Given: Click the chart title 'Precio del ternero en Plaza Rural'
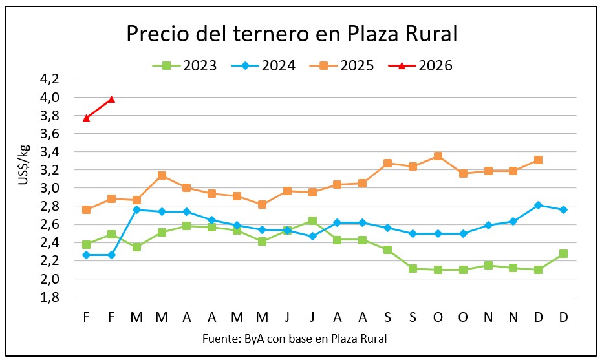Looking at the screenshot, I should pyautogui.click(x=292, y=34).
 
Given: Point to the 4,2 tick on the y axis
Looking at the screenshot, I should pyautogui.click(x=50, y=79).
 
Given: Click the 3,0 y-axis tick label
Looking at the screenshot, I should pyautogui.click(x=50, y=188).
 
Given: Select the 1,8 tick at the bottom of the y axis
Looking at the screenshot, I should pyautogui.click(x=50, y=297).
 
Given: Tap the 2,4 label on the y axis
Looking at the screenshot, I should pyautogui.click(x=50, y=242).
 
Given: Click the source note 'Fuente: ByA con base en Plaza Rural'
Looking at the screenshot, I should pyautogui.click(x=295, y=339).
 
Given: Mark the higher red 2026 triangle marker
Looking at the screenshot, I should pyautogui.click(x=111, y=99).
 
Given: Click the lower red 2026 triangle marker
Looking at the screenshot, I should pyautogui.click(x=86, y=118).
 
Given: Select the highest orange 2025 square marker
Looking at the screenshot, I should pyautogui.click(x=438, y=156).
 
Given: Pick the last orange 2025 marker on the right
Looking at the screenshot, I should pyautogui.click(x=538, y=160).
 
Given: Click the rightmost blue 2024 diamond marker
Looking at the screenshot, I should pyautogui.click(x=563, y=209).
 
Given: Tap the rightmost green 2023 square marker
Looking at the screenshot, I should pyautogui.click(x=563, y=253).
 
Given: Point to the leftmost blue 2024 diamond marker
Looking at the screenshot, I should pyautogui.click(x=86, y=255).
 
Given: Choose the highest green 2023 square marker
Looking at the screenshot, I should pyautogui.click(x=312, y=221).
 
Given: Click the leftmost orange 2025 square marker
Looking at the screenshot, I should pyautogui.click(x=86, y=209).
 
